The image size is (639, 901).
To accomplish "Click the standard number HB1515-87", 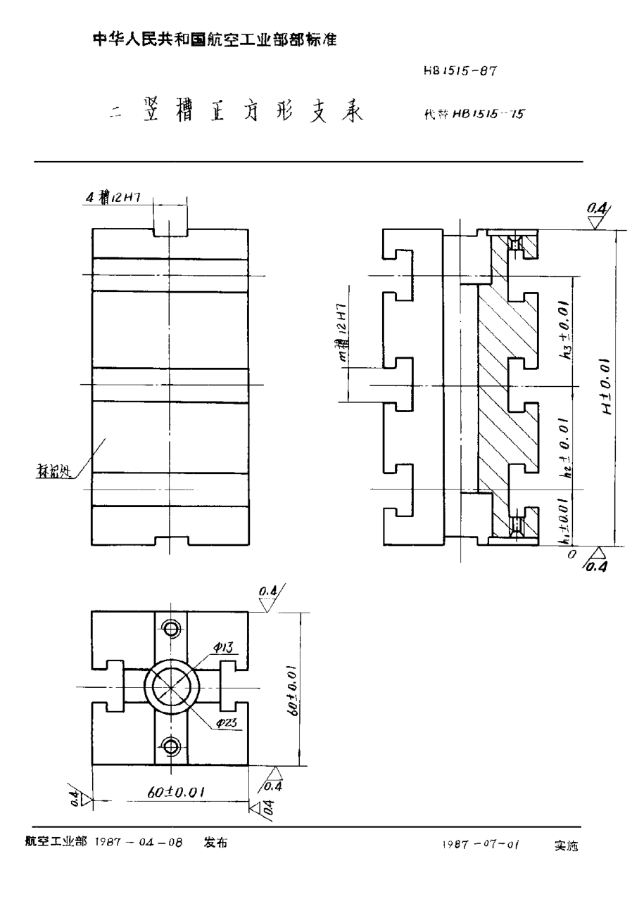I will [461, 71].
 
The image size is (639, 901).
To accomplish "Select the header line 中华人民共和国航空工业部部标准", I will [215, 41].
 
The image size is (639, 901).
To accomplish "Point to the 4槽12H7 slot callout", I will [113, 199].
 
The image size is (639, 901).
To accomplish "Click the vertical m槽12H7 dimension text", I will [343, 333].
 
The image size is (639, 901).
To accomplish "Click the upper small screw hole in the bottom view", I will [170, 627].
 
